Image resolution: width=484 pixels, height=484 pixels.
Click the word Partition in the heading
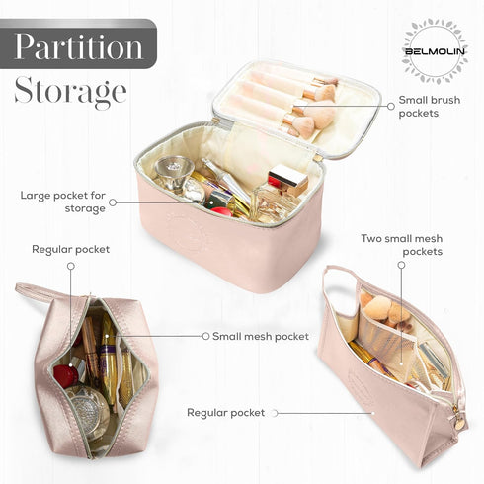tap(79, 45)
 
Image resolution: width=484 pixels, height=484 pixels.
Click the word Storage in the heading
tap(70, 91)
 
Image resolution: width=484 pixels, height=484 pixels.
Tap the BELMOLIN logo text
tap(435, 51)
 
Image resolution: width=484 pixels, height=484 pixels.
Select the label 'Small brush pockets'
tap(430, 107)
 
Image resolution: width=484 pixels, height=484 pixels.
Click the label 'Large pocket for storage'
tap(63, 202)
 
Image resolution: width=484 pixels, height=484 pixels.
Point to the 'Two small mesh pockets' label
tap(402, 245)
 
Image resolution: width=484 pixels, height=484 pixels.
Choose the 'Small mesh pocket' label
tap(261, 336)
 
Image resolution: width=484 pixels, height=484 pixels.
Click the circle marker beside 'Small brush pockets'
tap(391, 106)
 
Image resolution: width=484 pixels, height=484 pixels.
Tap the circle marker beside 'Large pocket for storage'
tap(113, 202)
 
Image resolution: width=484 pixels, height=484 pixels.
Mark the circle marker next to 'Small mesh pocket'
tap(205, 336)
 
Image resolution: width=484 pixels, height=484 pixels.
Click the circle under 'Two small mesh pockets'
tap(401, 265)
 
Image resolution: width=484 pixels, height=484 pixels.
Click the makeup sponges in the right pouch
tap(384, 309)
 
